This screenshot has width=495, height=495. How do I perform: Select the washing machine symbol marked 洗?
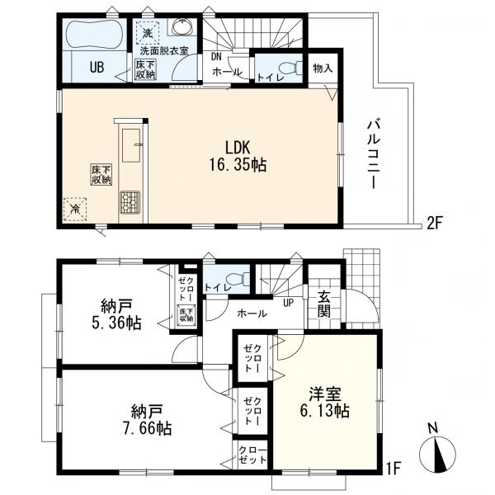coord(147,34)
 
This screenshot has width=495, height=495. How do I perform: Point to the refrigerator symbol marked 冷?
coord(75,210)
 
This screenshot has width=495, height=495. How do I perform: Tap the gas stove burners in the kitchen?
coord(131,201)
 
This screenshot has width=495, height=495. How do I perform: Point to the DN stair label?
coord(216,57)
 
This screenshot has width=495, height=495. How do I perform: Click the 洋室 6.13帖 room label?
coord(324,401)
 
